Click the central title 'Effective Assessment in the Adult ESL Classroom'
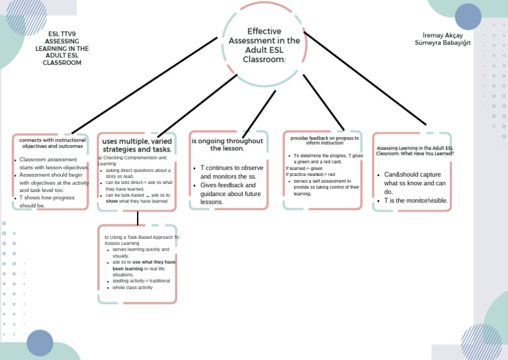[x=264, y=45]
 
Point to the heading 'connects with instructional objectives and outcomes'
[x=52, y=143]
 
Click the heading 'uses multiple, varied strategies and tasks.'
[x=137, y=146]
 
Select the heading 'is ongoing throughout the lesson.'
[x=228, y=144]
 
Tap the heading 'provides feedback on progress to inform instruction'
[x=324, y=140]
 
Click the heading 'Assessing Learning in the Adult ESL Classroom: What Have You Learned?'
[x=415, y=150]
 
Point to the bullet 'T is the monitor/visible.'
[x=416, y=201]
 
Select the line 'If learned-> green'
[x=304, y=168]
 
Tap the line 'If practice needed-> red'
[x=310, y=175]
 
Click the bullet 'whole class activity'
[x=132, y=288]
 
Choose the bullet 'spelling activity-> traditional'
[x=141, y=281]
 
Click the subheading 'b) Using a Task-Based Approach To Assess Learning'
[x=142, y=240]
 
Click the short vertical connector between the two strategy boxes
[x=137, y=218]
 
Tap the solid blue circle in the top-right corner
[x=468, y=17]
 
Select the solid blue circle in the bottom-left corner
[x=40, y=343]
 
